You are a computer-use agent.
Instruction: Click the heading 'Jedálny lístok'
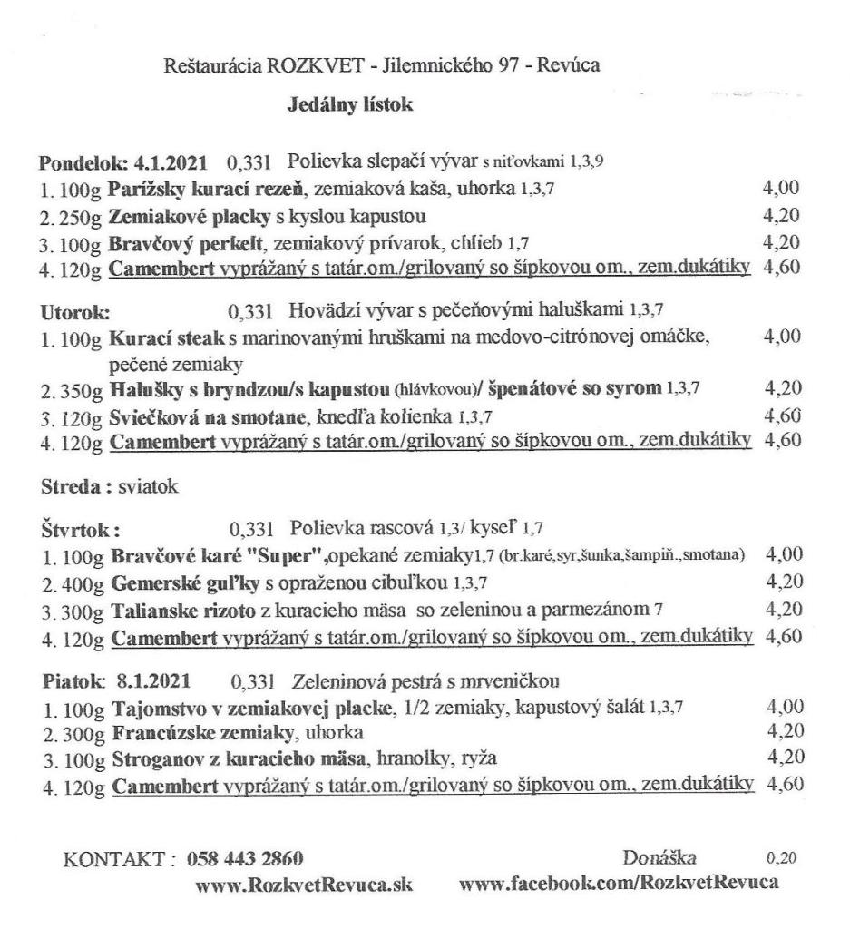(349, 106)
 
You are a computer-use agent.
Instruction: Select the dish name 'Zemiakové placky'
(168, 217)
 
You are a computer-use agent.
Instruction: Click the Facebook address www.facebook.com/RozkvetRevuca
(619, 883)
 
